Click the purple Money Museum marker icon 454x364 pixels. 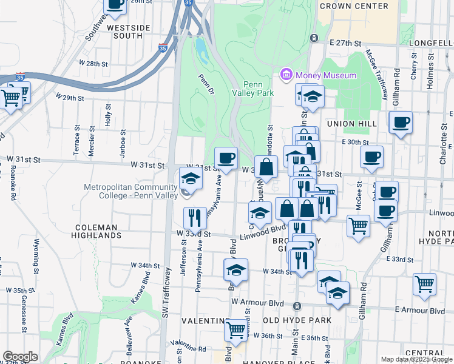click(x=286, y=75)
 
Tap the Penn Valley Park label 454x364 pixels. click(x=257, y=89)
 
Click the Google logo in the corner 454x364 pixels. click(x=19, y=357)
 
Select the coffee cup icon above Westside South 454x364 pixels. click(x=115, y=4)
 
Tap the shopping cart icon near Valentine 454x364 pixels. click(x=235, y=330)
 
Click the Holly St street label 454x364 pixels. click(x=108, y=115)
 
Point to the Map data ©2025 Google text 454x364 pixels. click(x=416, y=359)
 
